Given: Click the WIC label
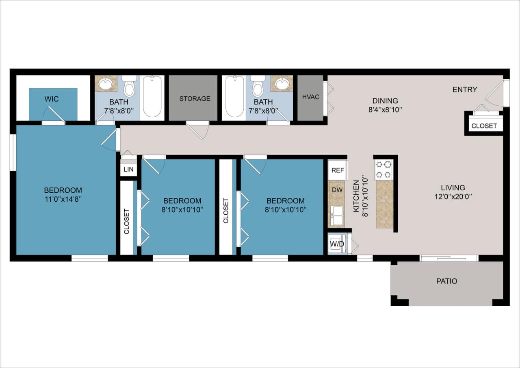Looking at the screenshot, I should pos(53,99).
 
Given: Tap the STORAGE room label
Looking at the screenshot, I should pos(195,98).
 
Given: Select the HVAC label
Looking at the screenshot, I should pos(310,97).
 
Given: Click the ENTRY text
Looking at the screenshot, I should pos(465,89).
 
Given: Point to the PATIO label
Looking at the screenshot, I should pos(446,281).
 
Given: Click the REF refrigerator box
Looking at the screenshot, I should pos(338,170).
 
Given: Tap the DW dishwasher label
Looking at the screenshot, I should pos(337,189).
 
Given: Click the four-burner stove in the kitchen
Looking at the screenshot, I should pos(383,170).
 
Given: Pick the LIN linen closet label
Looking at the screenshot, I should pos(128,169).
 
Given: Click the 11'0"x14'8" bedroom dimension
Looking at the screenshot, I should pos(63,199).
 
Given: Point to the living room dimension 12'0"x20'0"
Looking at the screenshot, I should pos(453,196).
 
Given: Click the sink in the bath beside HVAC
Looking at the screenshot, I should pos(282,84).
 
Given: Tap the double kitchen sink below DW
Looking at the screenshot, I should pos(337,216).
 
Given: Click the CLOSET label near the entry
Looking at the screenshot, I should pos(484,126).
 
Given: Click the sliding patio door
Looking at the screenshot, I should pos(448,257).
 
